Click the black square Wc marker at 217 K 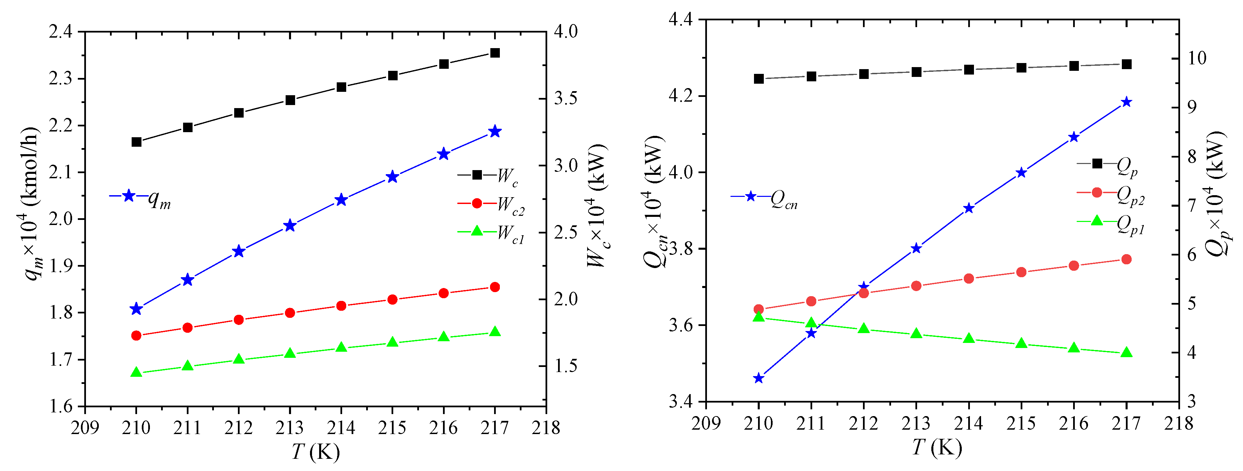(x=495, y=53)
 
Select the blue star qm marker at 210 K (x=136, y=309)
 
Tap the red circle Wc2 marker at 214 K (x=341, y=306)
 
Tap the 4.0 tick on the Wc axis (x=565, y=32)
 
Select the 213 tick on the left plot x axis (x=290, y=428)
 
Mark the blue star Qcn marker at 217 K (x=1127, y=102)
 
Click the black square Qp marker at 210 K (x=758, y=79)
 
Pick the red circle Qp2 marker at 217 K (x=1127, y=260)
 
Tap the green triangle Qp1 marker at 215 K (x=1021, y=344)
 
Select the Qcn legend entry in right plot (x=765, y=198)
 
